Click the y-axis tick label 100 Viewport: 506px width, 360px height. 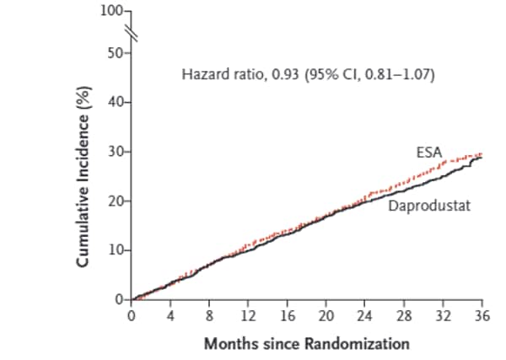[x=111, y=12]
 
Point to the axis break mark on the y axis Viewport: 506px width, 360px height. [x=131, y=32]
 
